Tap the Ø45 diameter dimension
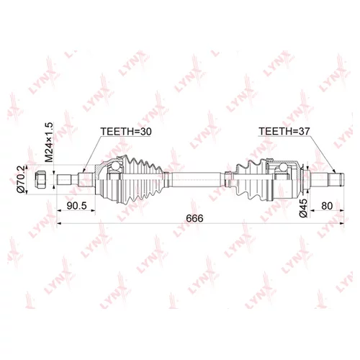point(304,204)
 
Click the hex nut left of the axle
point(41,179)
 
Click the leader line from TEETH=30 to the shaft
point(91,155)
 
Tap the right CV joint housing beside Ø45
point(288,180)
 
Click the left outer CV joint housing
point(104,180)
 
